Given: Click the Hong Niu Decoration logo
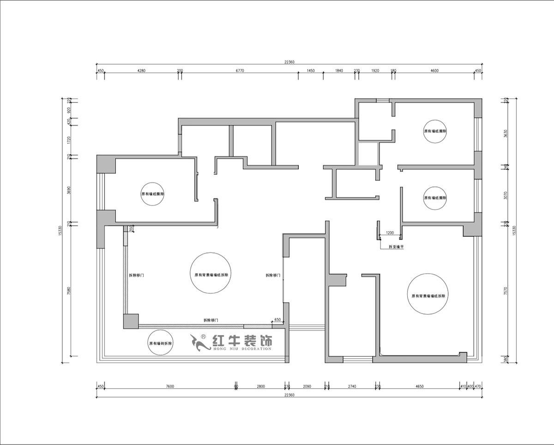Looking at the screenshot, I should [x=231, y=342].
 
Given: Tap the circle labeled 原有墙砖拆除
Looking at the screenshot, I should [x=160, y=343].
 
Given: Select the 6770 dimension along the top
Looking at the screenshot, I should [x=240, y=71].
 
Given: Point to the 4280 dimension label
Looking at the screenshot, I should [x=141, y=71].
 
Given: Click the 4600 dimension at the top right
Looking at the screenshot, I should [x=434, y=71].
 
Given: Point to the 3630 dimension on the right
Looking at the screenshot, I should [x=506, y=133].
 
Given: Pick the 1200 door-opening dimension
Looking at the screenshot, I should [x=390, y=233].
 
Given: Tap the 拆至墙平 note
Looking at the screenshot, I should [x=396, y=247].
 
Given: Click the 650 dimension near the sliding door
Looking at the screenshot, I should [x=277, y=319].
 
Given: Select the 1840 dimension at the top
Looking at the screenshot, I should [x=339, y=71].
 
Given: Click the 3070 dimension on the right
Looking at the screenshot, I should [x=506, y=196].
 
